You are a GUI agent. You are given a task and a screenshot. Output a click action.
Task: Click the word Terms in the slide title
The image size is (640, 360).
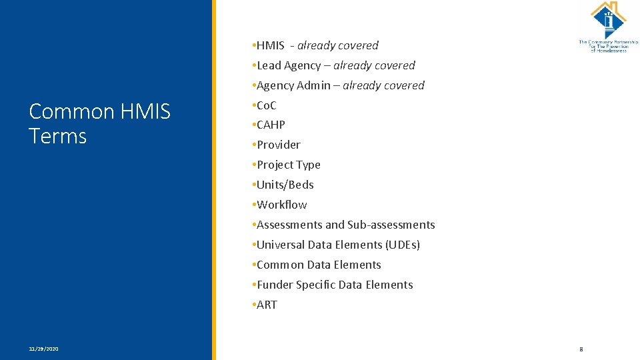click(x=58, y=136)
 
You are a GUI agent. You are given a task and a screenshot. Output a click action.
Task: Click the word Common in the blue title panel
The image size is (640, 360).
click(x=72, y=111)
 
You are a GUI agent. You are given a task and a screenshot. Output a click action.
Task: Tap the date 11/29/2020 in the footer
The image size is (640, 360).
click(x=43, y=349)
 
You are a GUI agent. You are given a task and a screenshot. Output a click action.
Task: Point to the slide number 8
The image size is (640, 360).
click(x=581, y=349)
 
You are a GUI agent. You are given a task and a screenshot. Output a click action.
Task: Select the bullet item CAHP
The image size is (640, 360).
click(x=271, y=125)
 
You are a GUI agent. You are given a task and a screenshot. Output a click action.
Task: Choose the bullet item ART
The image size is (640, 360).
click(x=267, y=305)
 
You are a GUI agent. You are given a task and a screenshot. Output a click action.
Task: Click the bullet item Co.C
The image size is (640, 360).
click(x=267, y=105)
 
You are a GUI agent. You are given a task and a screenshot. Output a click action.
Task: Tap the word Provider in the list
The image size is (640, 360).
click(x=279, y=145)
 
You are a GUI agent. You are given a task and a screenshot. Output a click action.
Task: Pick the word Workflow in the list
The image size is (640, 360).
click(x=282, y=205)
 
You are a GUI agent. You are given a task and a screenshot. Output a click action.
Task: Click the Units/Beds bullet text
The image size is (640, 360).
click(x=285, y=185)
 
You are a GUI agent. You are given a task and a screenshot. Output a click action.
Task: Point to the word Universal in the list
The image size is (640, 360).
click(x=281, y=245)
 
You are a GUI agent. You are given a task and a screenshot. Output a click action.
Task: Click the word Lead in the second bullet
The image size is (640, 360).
click(x=269, y=65)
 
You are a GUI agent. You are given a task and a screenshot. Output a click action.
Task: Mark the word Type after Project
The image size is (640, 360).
click(x=309, y=165)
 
